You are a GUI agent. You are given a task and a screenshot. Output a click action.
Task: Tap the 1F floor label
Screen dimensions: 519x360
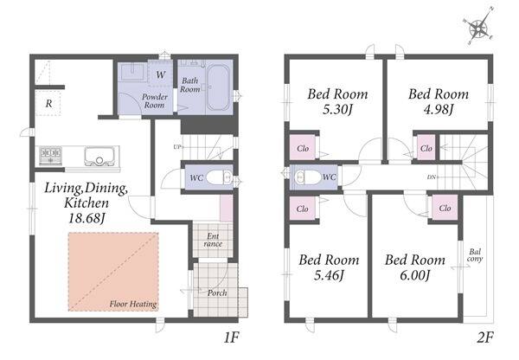231,337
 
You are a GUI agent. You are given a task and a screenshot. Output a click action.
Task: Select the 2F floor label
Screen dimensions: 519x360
485,337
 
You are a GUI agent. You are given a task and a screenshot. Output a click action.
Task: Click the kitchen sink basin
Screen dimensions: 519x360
99,156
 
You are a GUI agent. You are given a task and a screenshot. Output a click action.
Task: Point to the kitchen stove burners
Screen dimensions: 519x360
51,155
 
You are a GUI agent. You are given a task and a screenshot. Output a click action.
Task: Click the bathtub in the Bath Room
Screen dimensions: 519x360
218,87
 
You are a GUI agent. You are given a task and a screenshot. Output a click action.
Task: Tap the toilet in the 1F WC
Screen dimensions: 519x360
220,177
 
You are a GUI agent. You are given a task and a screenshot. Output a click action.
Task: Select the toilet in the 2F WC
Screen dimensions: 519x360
306,177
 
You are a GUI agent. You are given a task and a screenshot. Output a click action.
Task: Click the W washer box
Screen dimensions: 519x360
160,74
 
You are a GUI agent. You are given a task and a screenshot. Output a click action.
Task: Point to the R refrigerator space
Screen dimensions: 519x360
48,102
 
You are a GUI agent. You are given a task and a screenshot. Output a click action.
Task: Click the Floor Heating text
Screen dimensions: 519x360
133,304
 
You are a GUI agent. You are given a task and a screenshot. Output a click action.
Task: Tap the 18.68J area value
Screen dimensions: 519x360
87,218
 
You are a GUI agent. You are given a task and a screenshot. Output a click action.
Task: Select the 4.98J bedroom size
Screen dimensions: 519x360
438,109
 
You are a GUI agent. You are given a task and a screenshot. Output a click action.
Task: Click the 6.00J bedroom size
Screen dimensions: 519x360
414,275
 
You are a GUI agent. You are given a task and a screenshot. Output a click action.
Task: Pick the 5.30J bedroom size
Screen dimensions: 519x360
337,109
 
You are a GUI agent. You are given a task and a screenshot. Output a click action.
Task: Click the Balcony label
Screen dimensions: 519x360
475,255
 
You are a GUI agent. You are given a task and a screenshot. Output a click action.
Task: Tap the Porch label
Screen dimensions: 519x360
217,293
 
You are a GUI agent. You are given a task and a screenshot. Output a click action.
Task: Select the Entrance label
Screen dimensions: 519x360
213,240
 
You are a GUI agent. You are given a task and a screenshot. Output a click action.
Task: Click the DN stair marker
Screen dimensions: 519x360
432,177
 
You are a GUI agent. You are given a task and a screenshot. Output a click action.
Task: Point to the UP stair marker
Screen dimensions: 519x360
177,147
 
